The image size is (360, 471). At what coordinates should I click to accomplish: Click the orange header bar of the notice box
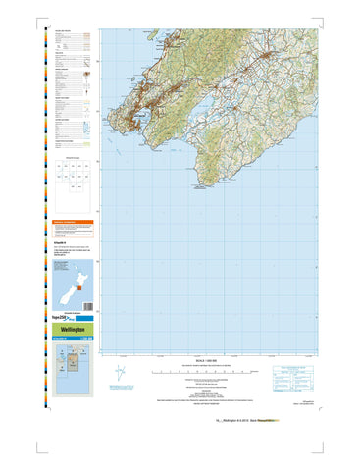[75, 223]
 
